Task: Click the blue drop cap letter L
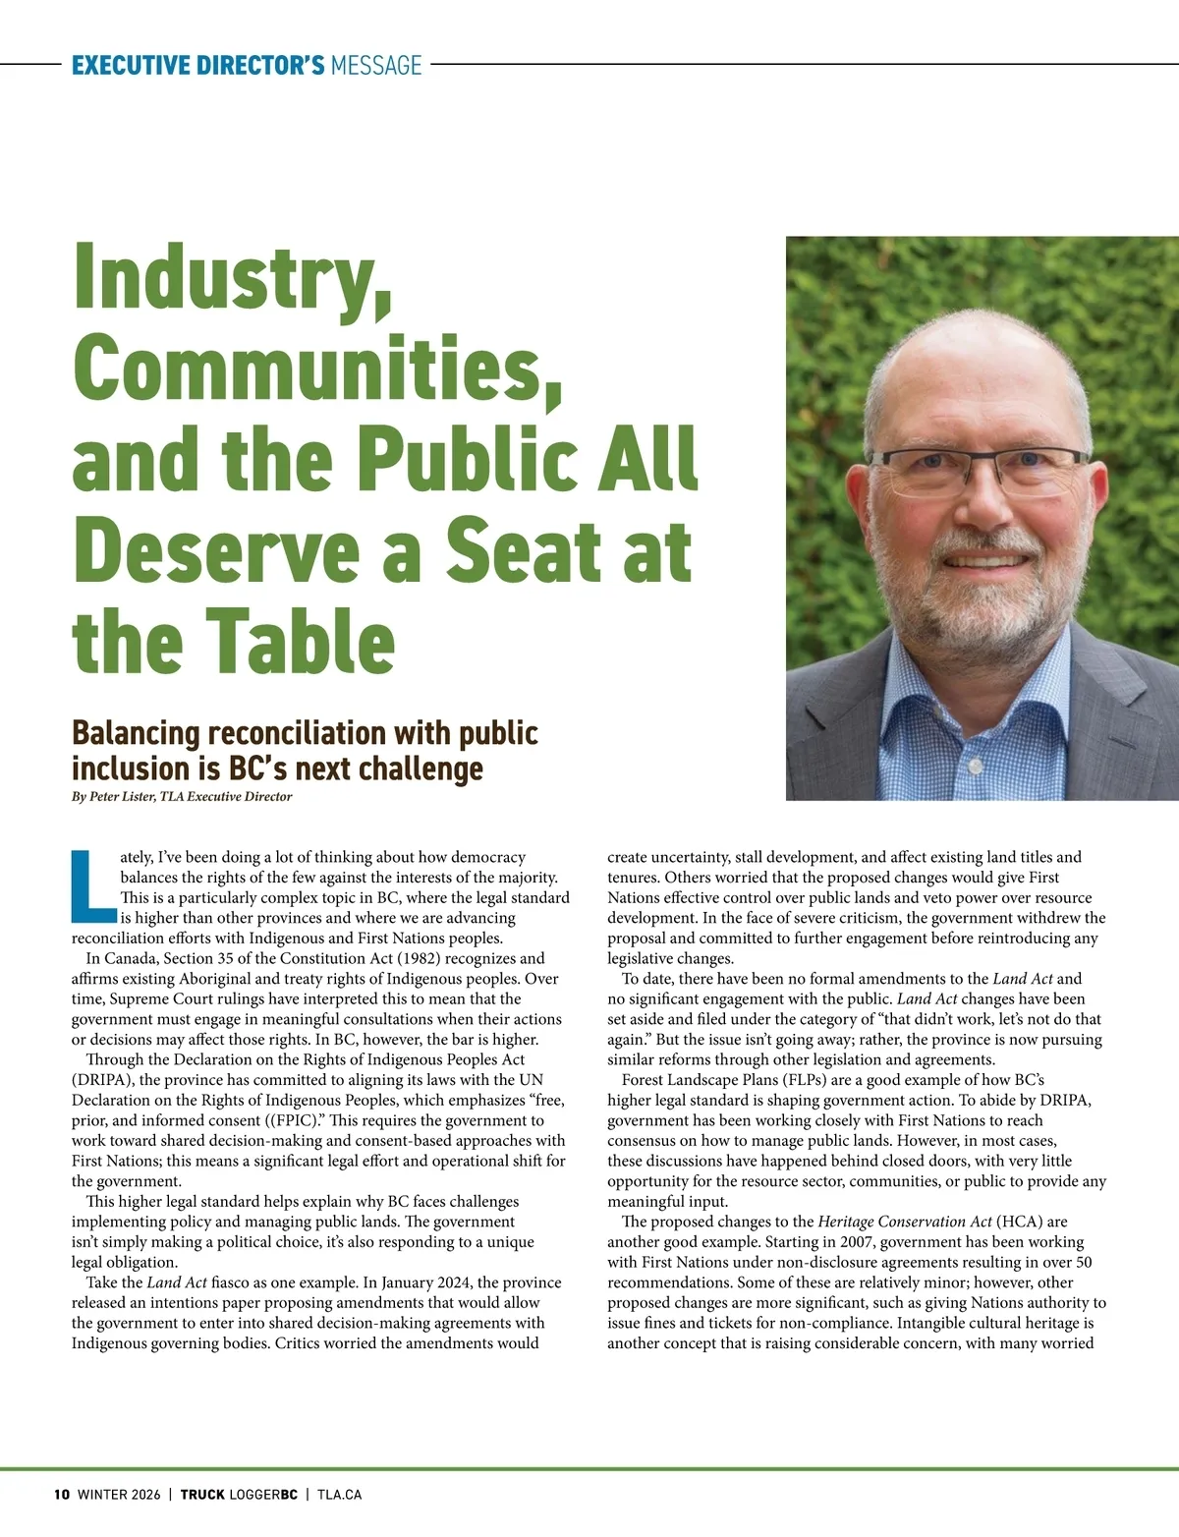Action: click(x=93, y=887)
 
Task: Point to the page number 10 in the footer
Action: click(x=61, y=1495)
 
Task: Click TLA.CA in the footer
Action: click(x=339, y=1495)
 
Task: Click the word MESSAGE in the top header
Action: click(x=376, y=66)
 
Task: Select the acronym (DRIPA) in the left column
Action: click(x=102, y=1080)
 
